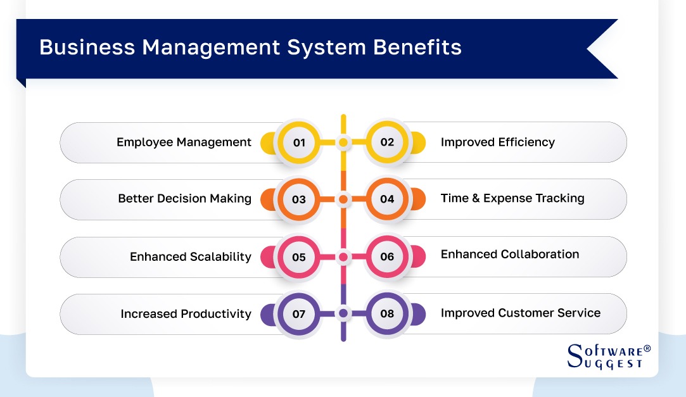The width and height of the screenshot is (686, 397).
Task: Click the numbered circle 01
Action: click(299, 142)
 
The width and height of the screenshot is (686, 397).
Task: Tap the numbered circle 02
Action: click(387, 142)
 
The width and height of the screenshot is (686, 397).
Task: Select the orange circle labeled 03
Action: click(299, 199)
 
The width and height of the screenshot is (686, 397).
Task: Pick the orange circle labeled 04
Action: click(387, 199)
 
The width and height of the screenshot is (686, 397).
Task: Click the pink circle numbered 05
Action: click(299, 256)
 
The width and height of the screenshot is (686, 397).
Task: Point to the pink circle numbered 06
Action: click(387, 256)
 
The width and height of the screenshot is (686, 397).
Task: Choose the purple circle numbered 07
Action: click(299, 313)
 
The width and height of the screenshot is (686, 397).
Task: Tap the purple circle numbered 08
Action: click(387, 313)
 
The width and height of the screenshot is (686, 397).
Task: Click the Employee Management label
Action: click(184, 142)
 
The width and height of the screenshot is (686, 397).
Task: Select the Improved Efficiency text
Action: click(497, 142)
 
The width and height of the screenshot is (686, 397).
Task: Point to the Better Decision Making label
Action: click(184, 199)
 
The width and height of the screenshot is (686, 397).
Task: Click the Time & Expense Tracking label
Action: click(512, 198)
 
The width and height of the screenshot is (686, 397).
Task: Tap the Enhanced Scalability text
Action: click(190, 256)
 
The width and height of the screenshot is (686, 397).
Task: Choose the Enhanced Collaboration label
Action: click(509, 255)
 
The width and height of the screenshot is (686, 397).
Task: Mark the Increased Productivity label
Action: click(186, 314)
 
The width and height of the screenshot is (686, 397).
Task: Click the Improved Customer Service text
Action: click(520, 313)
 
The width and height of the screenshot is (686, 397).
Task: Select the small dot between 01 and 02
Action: click(343, 142)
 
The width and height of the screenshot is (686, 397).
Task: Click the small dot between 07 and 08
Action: click(343, 313)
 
